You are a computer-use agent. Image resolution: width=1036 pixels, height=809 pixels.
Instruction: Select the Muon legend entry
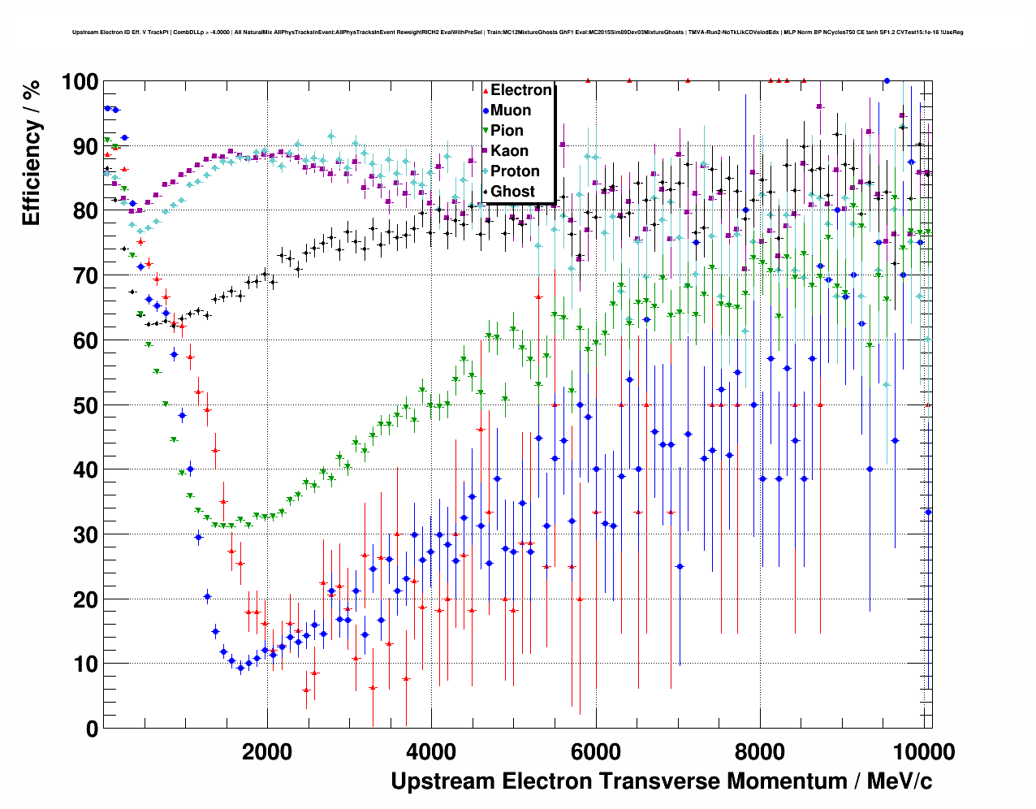pos(511,110)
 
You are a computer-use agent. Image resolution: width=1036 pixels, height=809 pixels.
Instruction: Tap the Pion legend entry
pos(507,131)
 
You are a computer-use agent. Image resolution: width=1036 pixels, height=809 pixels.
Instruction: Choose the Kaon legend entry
pos(509,151)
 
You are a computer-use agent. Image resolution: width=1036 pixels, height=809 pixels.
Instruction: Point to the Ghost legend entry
pos(512,192)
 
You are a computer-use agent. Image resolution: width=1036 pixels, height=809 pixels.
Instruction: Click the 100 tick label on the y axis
pos(80,82)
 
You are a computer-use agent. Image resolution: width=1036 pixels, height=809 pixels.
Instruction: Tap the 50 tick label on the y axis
pos(85,405)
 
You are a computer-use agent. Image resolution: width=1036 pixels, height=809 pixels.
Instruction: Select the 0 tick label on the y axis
pos(92,729)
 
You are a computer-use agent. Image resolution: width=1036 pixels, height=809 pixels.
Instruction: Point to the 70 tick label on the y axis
pos(85,276)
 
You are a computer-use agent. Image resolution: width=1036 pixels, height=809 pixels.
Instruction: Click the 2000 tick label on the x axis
pos(267,751)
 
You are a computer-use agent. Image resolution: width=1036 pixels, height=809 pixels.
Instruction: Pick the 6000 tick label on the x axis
pos(596,751)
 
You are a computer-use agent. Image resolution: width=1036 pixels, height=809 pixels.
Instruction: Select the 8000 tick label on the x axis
pos(760,751)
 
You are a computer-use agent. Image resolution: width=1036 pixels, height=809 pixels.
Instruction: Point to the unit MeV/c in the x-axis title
pos(900,781)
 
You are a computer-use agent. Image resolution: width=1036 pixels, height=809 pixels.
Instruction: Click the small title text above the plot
pos(517,32)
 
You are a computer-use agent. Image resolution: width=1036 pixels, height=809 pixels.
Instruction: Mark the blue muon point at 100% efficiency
pos(887,81)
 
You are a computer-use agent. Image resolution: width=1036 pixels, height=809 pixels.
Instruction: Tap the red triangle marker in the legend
pos(485,90)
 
